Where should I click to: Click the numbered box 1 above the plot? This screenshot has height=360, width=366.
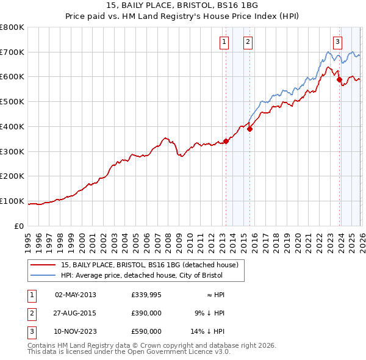click(224, 42)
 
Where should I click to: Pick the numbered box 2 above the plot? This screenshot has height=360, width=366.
click(248, 42)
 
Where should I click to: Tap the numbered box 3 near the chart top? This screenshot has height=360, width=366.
click(337, 42)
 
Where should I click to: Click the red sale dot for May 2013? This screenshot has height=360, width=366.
click(226, 141)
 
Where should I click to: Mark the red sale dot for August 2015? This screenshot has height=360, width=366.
click(250, 129)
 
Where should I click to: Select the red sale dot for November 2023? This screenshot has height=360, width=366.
click(339, 79)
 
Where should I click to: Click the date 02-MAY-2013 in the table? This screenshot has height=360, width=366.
click(76, 295)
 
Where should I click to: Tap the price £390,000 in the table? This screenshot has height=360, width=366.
click(146, 313)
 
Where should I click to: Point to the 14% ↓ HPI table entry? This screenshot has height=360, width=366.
click(208, 331)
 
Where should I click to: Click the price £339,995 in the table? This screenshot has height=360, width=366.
click(146, 295)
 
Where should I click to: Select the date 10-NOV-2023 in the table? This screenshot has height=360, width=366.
click(76, 331)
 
